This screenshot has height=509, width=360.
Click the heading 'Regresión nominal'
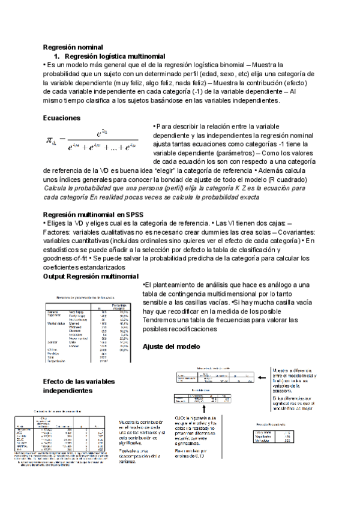pos(73,47)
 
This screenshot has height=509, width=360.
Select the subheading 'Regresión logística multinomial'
pos(105,55)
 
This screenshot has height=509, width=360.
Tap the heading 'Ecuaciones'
pos(62,118)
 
